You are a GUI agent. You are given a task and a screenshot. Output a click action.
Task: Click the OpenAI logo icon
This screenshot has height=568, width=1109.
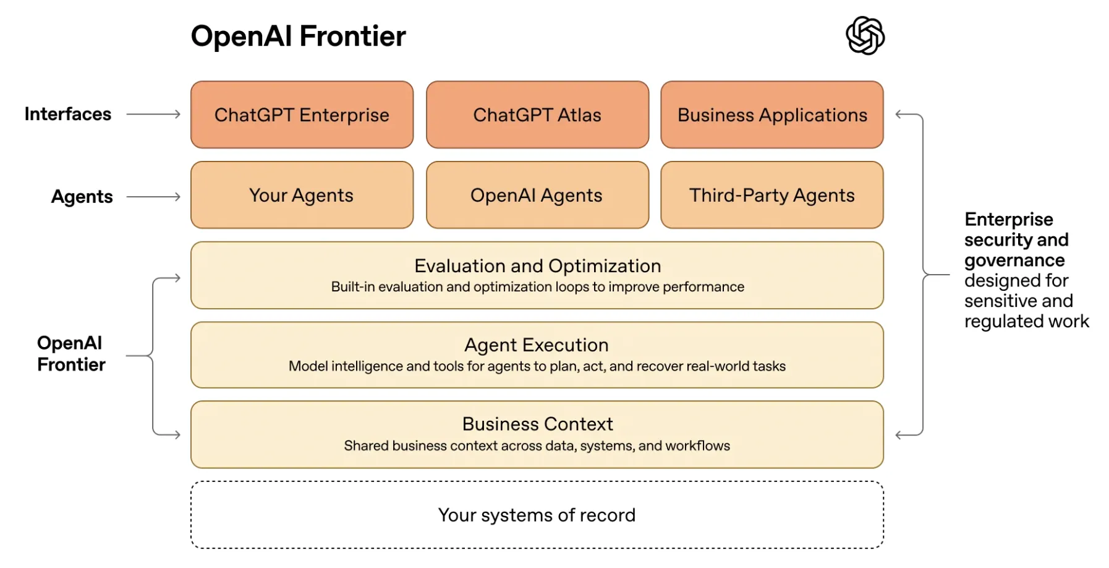865,35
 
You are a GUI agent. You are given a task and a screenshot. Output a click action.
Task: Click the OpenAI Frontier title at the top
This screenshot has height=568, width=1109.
298,36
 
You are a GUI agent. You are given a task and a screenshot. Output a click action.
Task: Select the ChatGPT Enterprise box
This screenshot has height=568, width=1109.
302,115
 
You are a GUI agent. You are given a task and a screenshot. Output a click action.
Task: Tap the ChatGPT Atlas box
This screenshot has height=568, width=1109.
537,115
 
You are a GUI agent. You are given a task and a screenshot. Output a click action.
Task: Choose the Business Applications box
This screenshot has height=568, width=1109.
772,115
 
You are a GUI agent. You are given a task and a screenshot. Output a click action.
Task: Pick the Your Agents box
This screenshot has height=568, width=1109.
302,196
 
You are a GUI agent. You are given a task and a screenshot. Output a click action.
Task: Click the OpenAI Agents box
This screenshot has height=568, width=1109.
537,196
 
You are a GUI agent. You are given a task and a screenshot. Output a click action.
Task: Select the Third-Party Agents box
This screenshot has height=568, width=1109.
772,196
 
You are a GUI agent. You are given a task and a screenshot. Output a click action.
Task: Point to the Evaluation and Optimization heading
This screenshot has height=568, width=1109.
537,266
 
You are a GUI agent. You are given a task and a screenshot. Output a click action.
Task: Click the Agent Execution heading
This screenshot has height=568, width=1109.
537,345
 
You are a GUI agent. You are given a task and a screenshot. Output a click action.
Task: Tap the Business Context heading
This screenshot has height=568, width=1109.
537,424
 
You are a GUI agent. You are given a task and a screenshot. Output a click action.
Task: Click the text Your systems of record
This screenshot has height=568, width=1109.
537,515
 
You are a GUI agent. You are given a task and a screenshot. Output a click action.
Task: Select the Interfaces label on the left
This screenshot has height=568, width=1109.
68,114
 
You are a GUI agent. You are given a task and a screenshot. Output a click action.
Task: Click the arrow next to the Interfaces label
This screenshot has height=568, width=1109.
153,114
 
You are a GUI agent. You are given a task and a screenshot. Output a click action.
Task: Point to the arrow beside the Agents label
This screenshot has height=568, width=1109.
153,197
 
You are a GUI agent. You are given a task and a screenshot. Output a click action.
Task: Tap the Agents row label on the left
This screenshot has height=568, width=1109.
82,197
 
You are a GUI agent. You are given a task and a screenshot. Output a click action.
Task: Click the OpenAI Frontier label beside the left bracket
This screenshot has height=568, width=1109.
71,354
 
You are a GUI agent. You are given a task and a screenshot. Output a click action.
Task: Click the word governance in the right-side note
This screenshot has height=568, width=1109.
1014,260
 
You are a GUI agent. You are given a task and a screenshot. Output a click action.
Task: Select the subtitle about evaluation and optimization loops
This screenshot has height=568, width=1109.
537,287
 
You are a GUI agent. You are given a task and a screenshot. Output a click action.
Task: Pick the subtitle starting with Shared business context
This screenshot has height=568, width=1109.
537,445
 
